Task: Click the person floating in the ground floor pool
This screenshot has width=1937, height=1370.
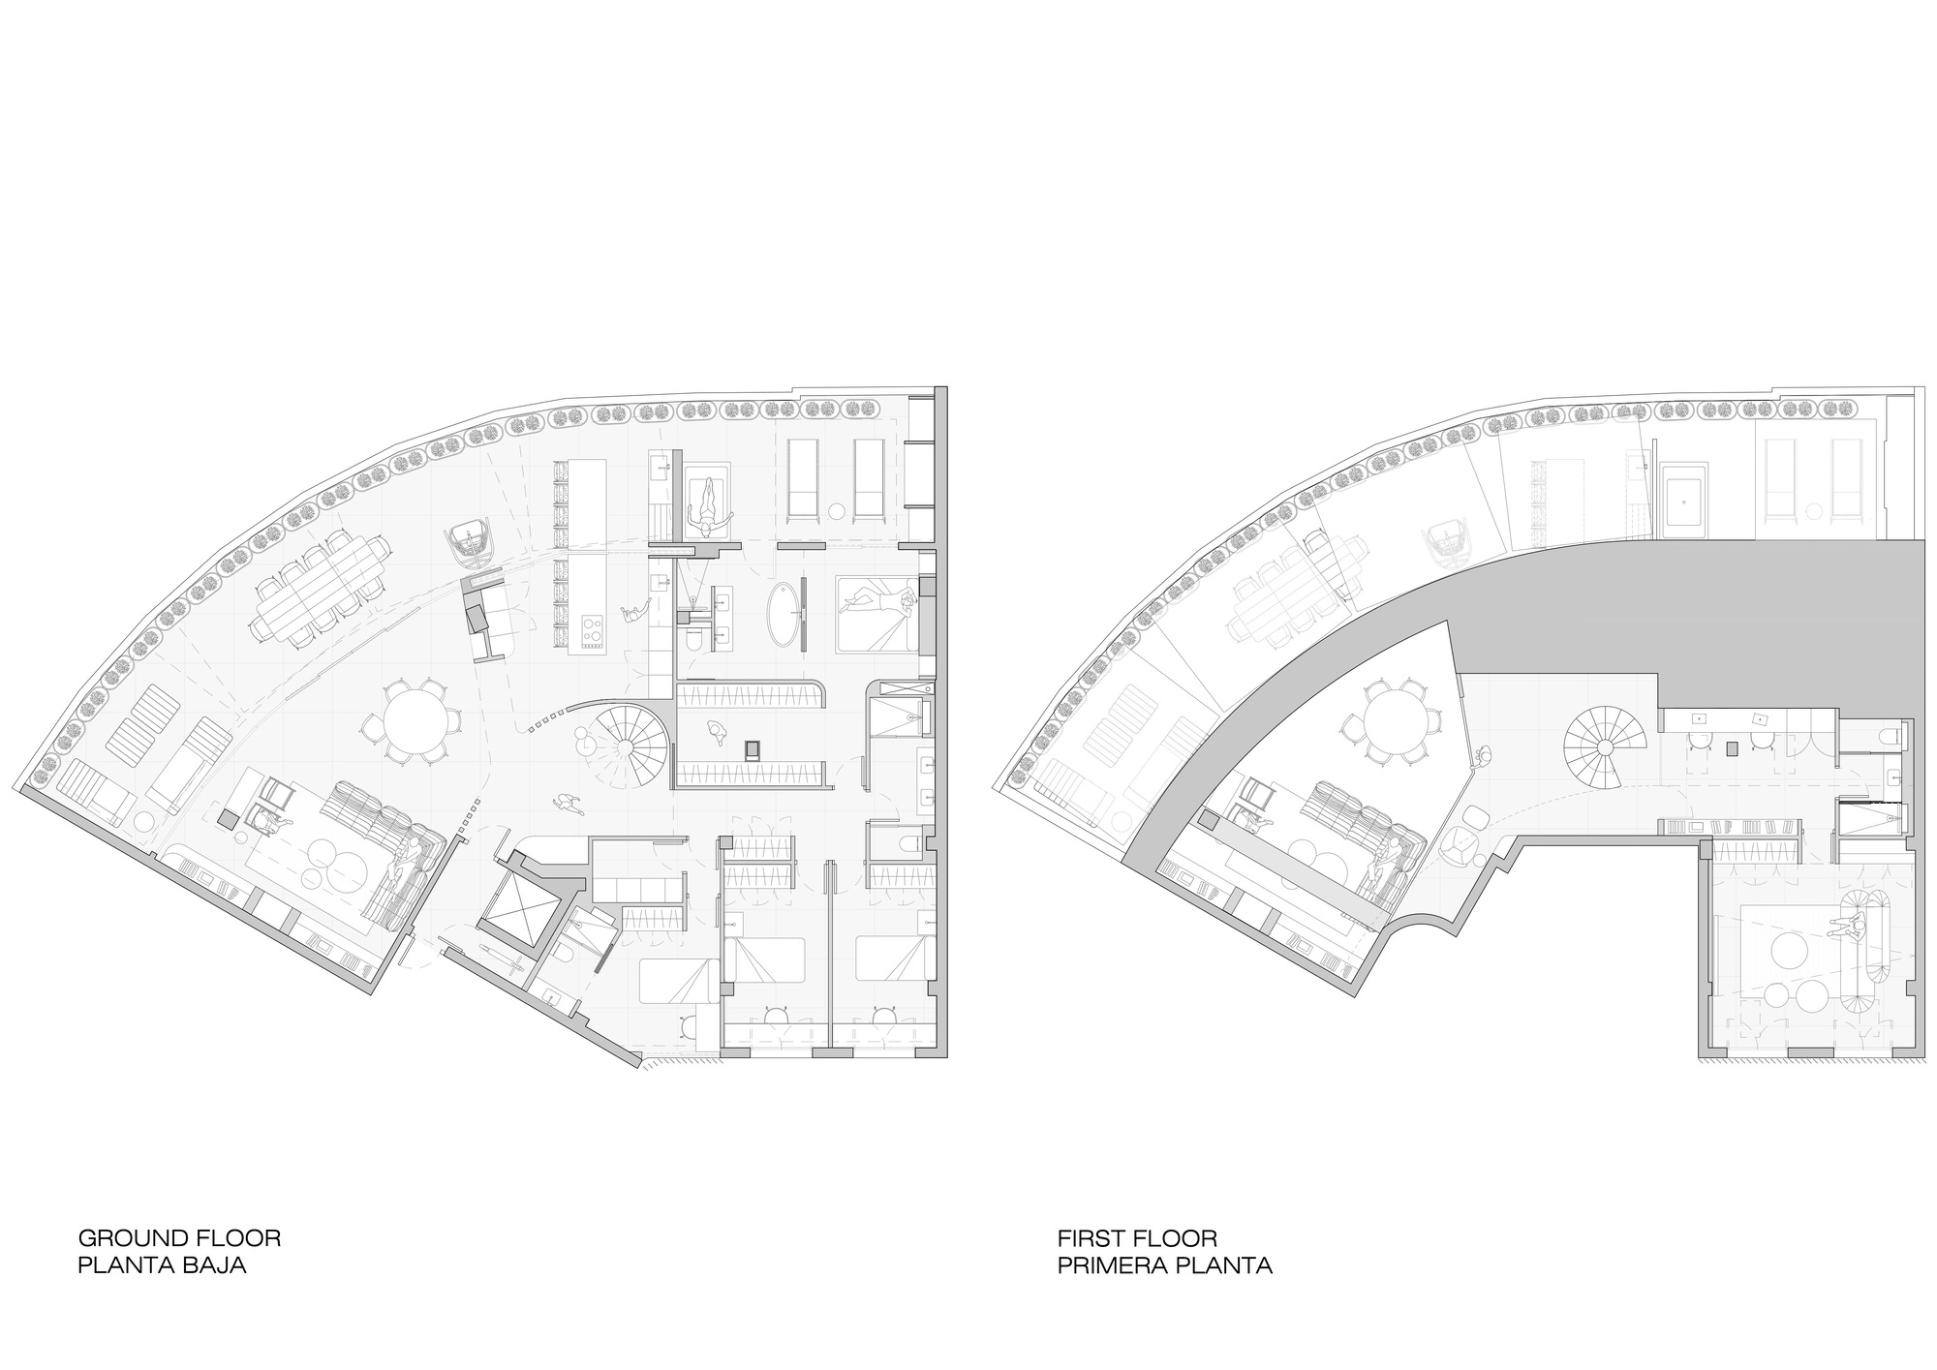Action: coord(709,502)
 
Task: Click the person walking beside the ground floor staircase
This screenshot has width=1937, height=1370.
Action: coord(564,802)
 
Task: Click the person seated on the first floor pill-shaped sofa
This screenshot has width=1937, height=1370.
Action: coord(1852,927)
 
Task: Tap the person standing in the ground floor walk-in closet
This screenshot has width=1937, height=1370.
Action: coord(719,732)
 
